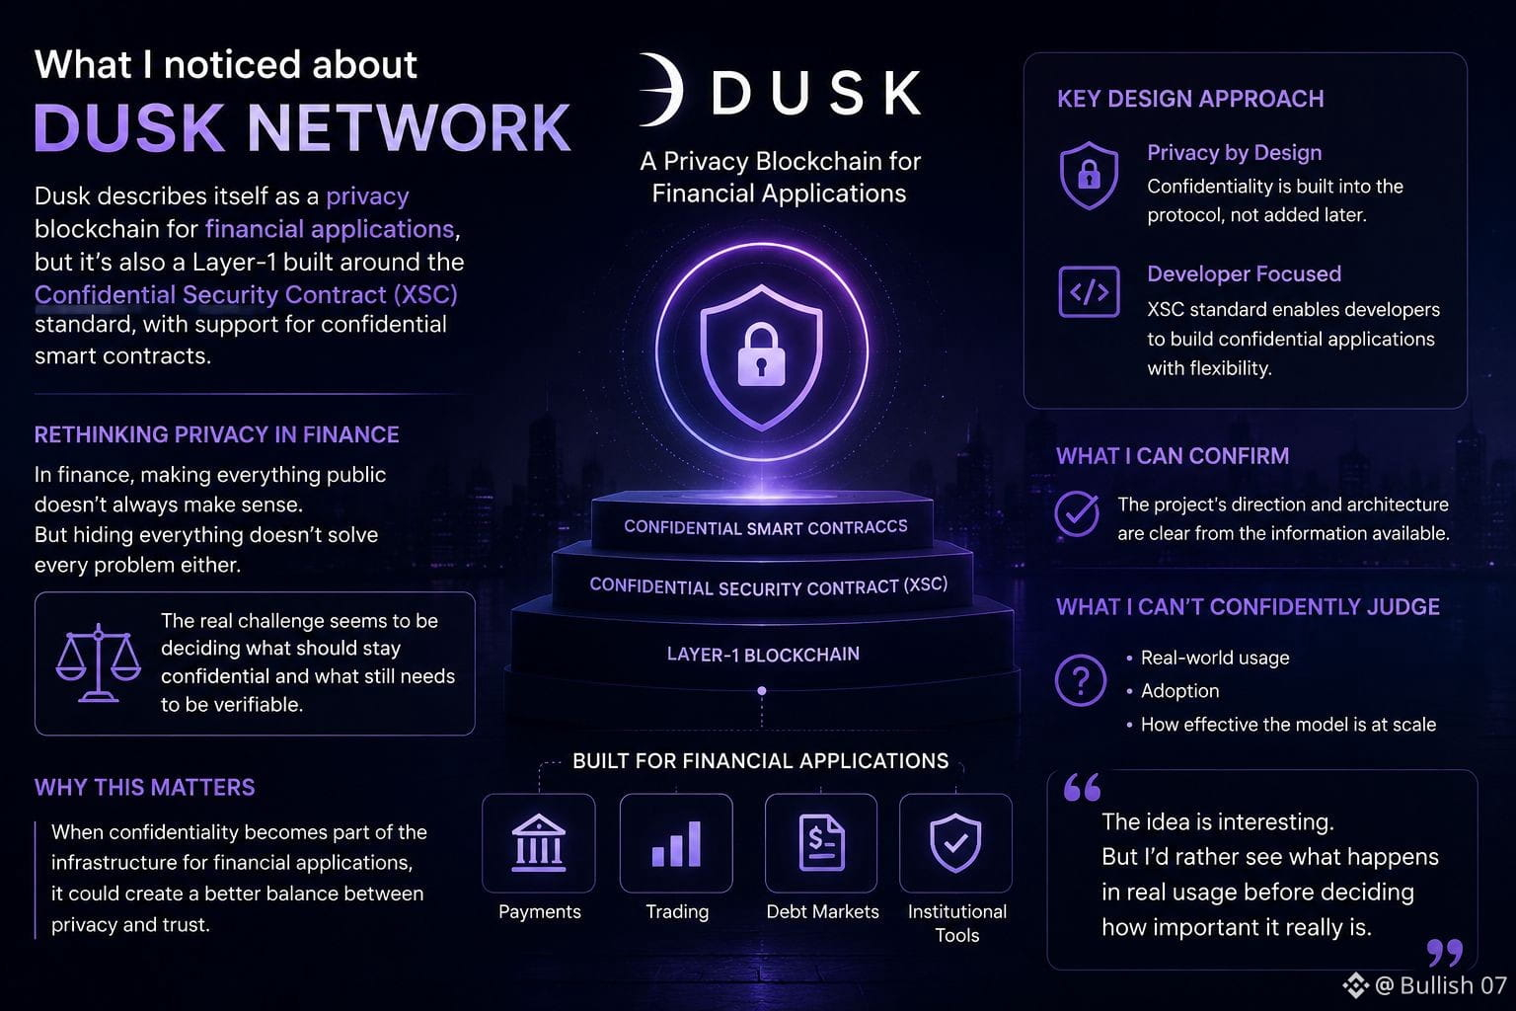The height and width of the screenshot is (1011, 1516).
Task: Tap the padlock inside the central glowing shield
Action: (x=761, y=354)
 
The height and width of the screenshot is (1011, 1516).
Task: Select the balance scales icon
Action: (x=98, y=662)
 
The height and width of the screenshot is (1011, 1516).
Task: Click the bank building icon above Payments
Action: (x=539, y=843)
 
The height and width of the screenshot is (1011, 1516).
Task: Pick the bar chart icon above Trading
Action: (x=676, y=844)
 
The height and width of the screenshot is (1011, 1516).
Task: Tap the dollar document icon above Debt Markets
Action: (x=821, y=843)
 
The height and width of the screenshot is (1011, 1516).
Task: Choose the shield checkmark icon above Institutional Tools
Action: (x=955, y=843)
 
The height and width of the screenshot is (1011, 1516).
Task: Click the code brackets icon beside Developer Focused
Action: (x=1089, y=292)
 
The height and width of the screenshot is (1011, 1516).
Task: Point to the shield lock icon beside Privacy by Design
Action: (x=1089, y=176)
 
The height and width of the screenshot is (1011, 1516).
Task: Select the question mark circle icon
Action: (x=1080, y=680)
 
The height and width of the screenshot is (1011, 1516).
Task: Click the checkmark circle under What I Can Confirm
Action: (x=1077, y=514)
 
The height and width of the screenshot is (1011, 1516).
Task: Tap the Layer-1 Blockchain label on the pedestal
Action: (x=763, y=655)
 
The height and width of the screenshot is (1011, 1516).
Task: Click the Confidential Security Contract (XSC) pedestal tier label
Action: (x=768, y=586)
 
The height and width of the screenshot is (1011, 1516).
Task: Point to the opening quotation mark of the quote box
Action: (x=1082, y=787)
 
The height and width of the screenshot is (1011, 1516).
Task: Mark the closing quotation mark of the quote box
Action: (x=1444, y=952)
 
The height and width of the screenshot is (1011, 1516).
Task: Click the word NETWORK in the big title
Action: (x=409, y=128)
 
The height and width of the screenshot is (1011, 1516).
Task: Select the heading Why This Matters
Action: (x=144, y=788)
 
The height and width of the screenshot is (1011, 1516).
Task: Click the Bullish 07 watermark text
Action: (x=1453, y=985)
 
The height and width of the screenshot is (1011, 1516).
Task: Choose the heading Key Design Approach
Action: (x=1190, y=99)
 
